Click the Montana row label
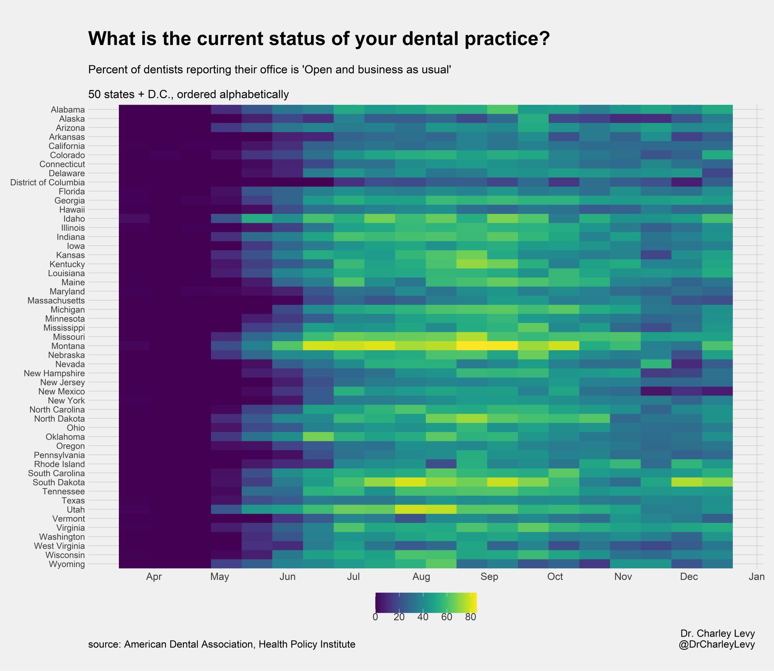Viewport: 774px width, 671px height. (68, 346)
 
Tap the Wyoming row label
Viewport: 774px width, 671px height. (67, 564)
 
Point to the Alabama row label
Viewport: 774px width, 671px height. (68, 110)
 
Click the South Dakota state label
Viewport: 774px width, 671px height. (59, 482)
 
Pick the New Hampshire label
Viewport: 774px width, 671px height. (54, 373)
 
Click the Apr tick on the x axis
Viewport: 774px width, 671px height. (154, 577)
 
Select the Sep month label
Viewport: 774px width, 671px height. (489, 577)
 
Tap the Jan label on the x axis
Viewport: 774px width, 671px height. (757, 577)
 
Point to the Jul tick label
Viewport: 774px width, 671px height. (353, 577)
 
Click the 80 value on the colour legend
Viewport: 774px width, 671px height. (470, 617)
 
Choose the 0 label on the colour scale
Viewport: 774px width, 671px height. (375, 617)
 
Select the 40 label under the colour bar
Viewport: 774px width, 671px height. (423, 617)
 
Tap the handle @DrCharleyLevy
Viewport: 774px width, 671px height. (716, 645)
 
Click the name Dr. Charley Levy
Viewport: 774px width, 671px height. (717, 633)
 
